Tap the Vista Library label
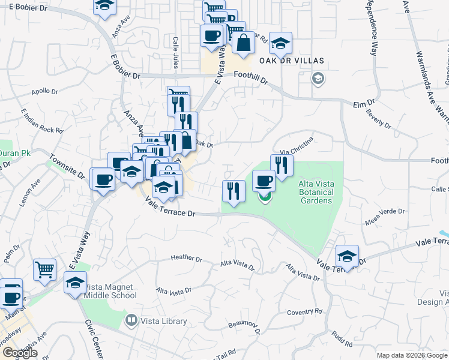[163, 321]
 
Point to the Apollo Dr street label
[44, 92]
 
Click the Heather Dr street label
[186, 259]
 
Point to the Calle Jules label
[176, 53]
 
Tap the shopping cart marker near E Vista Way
[44, 269]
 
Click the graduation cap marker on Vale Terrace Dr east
[347, 256]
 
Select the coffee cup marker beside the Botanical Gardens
[263, 181]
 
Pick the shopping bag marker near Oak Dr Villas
[243, 43]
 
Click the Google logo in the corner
[20, 353]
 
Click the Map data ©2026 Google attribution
[412, 355]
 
